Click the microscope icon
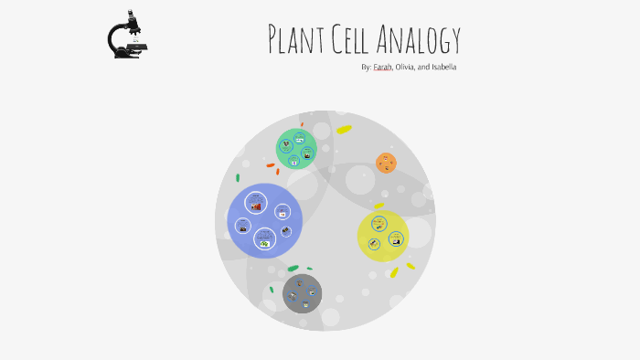click(x=127, y=36)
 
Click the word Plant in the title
click(x=295, y=39)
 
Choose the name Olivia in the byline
click(x=406, y=67)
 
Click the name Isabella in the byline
click(x=443, y=67)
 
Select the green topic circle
click(x=296, y=149)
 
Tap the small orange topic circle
click(x=386, y=163)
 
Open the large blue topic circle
click(x=265, y=220)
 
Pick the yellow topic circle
click(x=382, y=236)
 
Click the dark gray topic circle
click(x=302, y=293)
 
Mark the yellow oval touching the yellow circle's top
click(x=379, y=206)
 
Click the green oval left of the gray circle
click(x=272, y=290)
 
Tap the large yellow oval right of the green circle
click(x=344, y=130)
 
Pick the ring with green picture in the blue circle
click(x=264, y=241)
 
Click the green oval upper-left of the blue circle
click(x=238, y=177)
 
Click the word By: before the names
click(x=367, y=67)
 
